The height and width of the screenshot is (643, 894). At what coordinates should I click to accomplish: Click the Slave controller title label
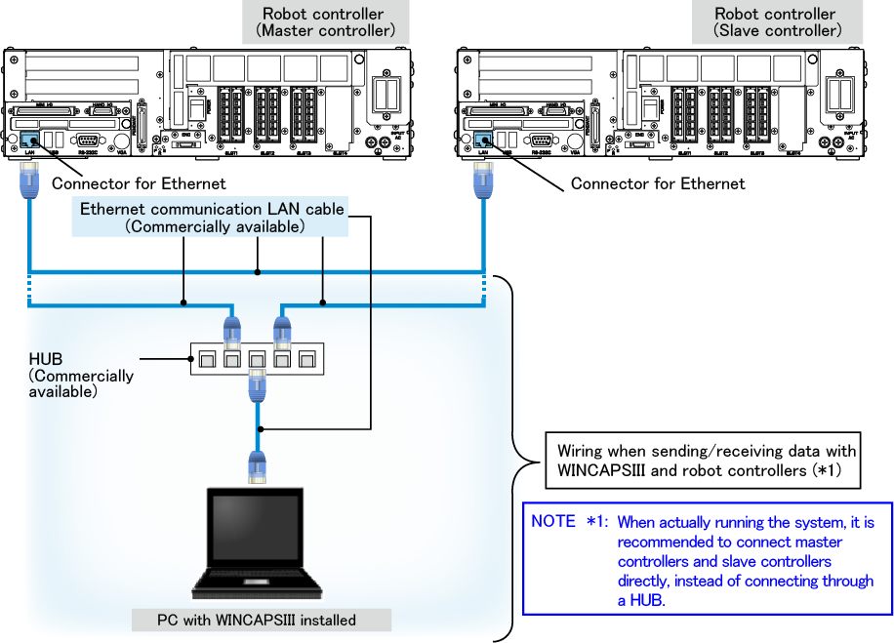(775, 22)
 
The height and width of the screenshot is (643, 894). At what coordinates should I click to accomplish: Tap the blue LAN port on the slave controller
(480, 141)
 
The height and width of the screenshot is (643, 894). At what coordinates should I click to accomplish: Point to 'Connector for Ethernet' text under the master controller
(138, 183)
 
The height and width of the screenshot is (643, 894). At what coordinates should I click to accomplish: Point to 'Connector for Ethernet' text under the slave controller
(657, 183)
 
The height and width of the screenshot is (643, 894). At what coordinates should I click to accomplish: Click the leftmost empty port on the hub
(205, 360)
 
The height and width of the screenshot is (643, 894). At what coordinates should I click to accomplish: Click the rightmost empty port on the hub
(308, 360)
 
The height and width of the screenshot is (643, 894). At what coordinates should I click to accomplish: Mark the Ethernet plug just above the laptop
(258, 467)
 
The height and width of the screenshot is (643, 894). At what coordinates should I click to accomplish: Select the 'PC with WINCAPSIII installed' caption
(257, 620)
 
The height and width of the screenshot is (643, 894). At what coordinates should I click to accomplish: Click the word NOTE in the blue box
(553, 522)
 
